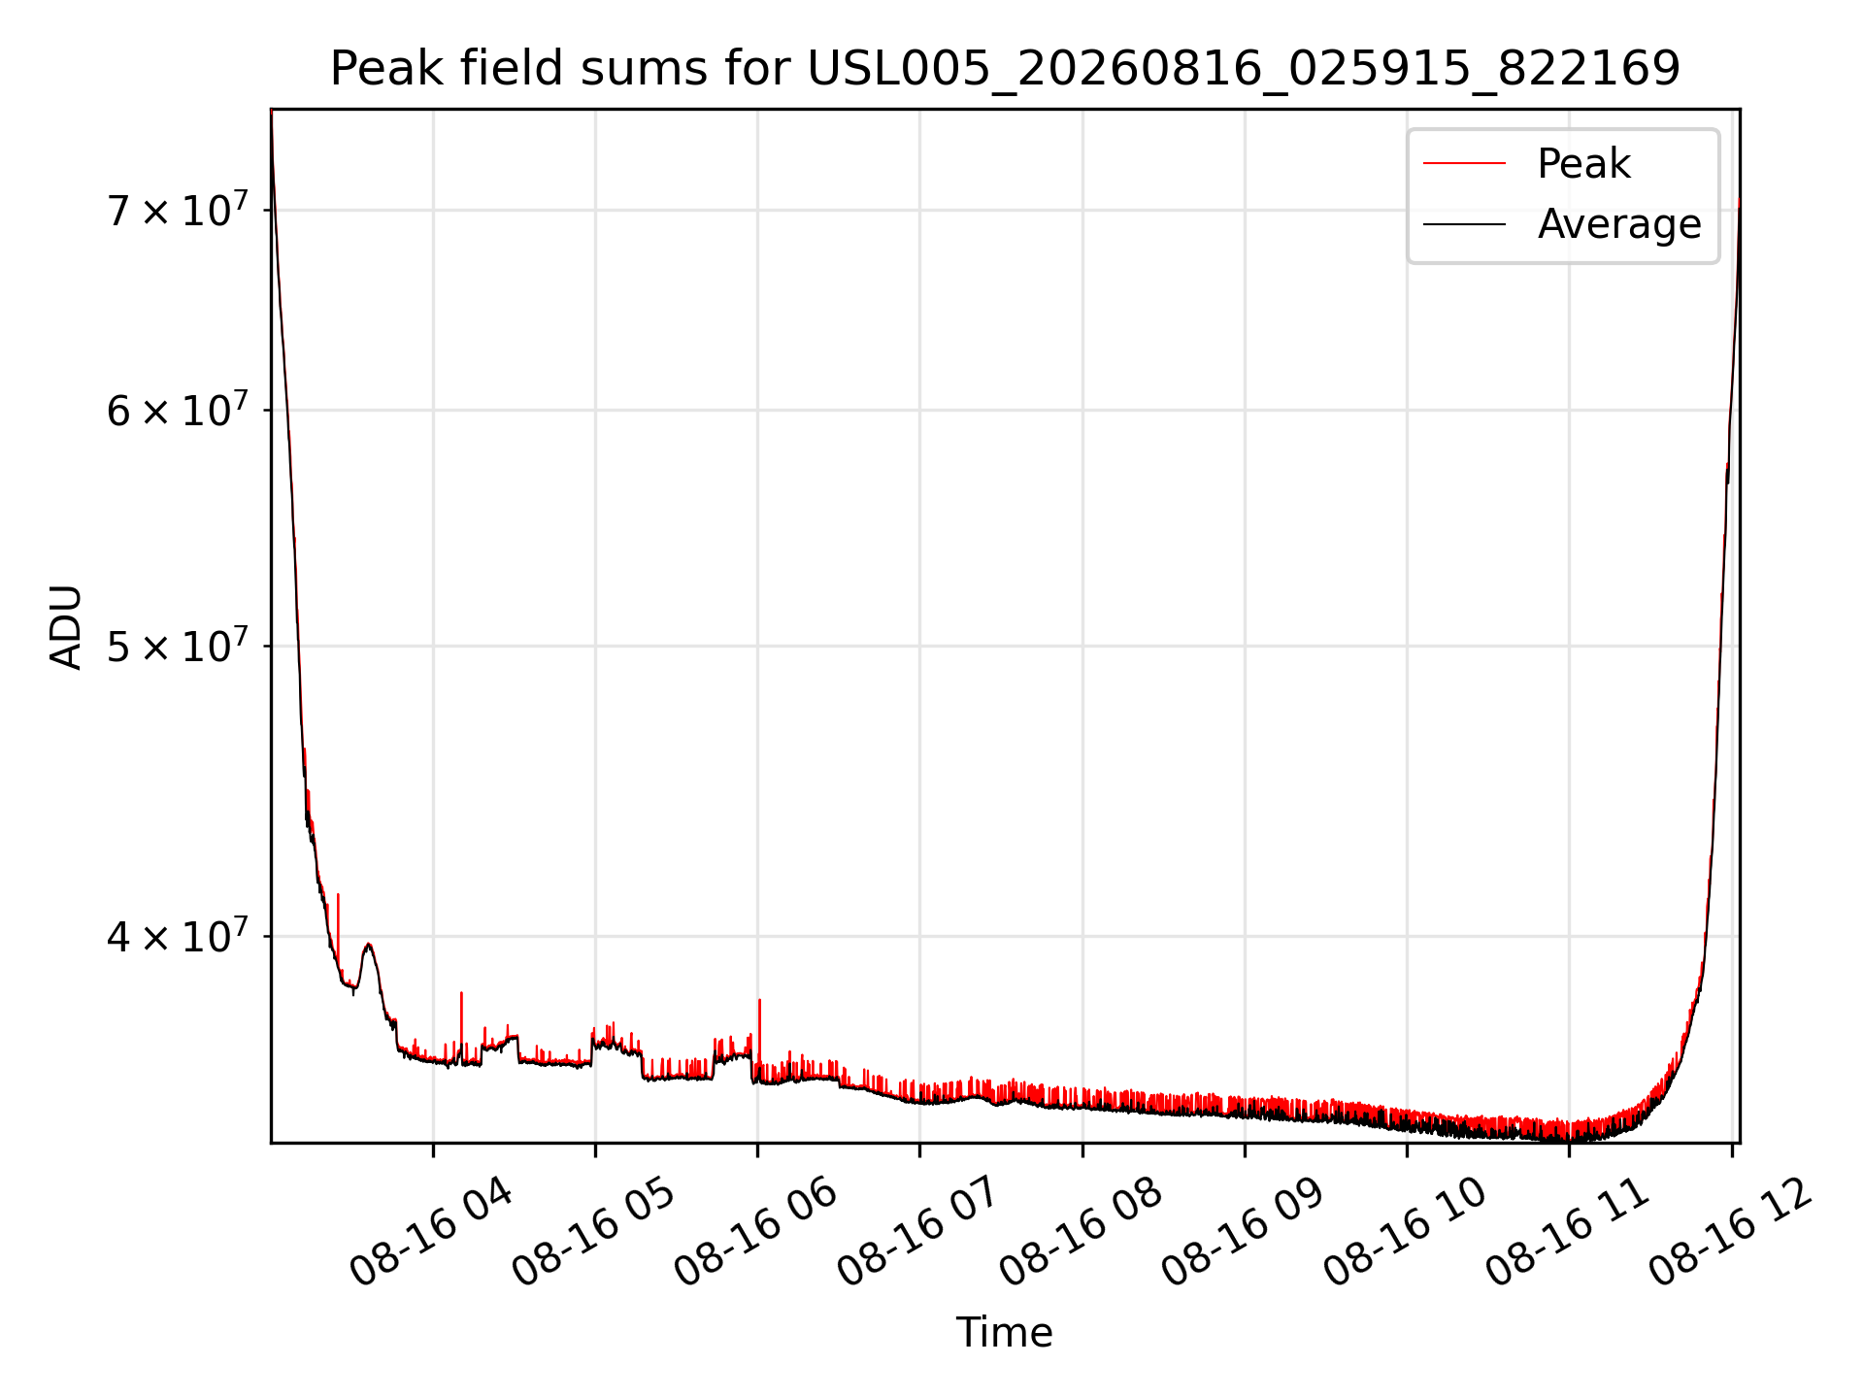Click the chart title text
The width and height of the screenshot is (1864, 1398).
coord(1005,69)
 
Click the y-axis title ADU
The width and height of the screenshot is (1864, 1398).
coord(66,626)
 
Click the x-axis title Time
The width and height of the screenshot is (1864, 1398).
coord(1005,1332)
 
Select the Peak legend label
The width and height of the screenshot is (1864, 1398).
coord(1583,164)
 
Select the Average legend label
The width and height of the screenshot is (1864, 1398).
coord(1619,224)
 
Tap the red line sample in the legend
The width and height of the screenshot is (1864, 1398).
coord(1464,164)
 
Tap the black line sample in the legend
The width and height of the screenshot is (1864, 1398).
coord(1464,224)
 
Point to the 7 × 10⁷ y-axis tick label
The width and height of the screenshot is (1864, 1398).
coord(178,210)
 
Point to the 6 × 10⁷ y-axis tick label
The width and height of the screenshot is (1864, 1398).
coord(178,410)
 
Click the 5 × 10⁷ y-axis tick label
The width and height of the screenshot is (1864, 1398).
coord(178,646)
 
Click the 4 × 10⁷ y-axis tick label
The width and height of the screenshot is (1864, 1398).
coord(178,936)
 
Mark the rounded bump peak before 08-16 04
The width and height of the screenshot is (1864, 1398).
coord(368,944)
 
